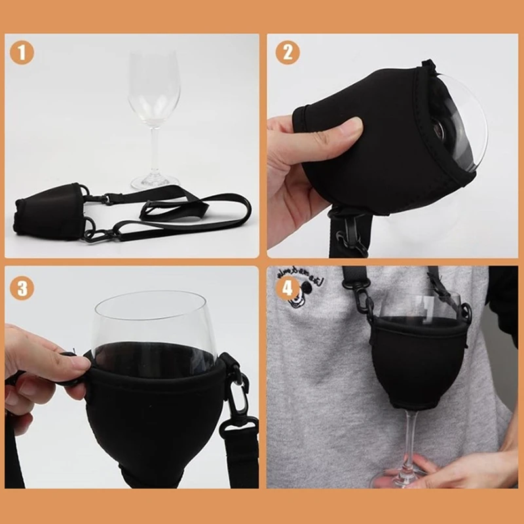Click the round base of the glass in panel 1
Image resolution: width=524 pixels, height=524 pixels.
(155, 181)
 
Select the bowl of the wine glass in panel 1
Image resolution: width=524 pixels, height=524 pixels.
(154, 88)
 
